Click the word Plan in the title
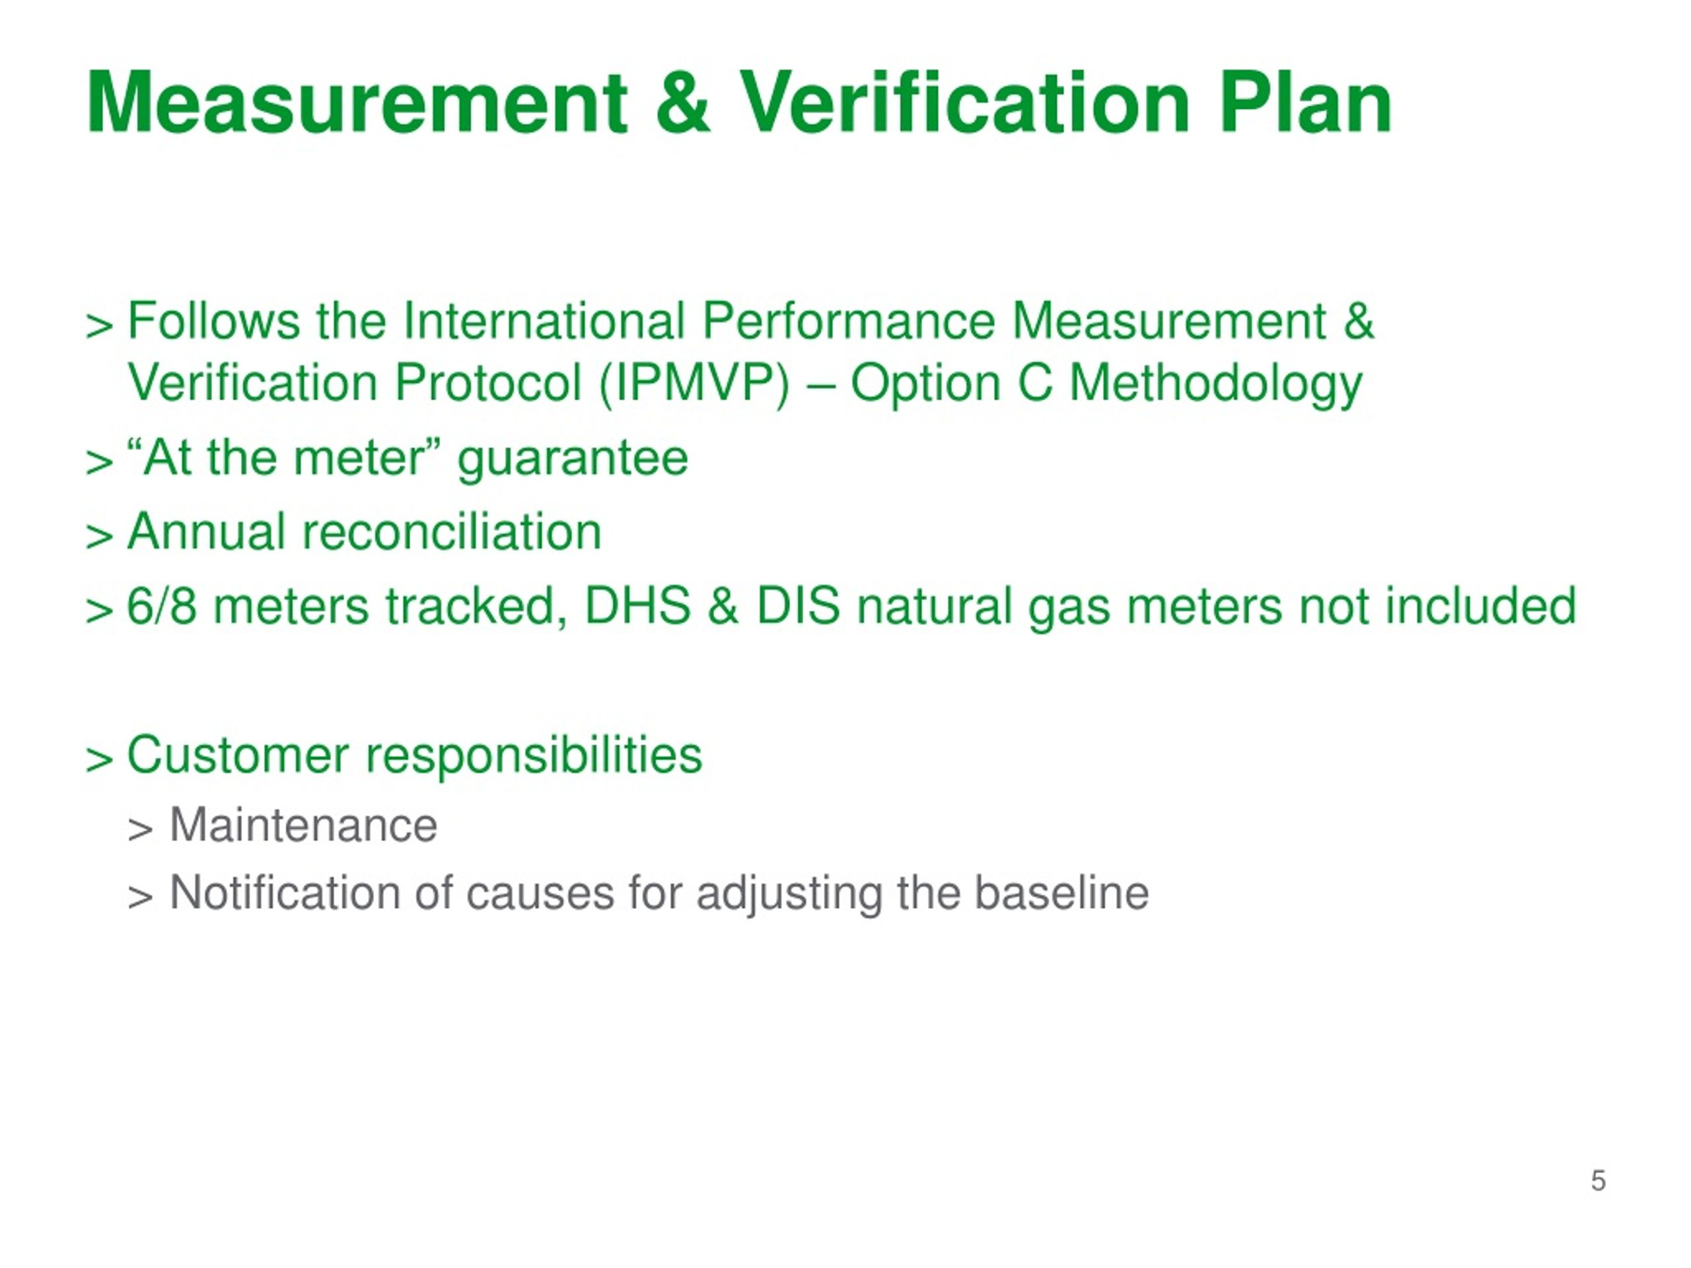coord(1306,102)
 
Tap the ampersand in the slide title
coord(682,102)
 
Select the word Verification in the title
coord(965,102)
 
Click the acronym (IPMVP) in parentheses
coord(694,383)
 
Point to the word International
coord(544,320)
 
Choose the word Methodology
coord(1215,384)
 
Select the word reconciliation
coord(452,532)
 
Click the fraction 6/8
coord(161,606)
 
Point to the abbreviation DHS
coord(637,606)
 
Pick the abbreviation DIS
coord(798,606)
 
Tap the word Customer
coord(238,755)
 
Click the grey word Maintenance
coord(303,826)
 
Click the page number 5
coord(1598,1181)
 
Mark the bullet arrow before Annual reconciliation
coord(99,536)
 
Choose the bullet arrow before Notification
coord(140,898)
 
